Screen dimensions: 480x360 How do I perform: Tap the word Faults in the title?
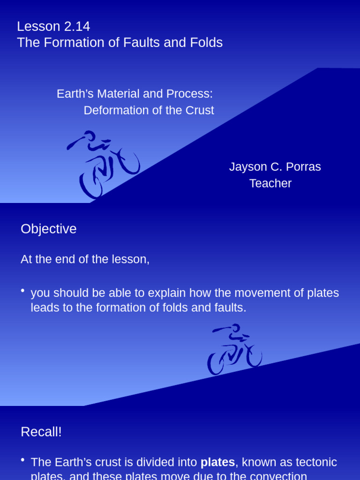[x=141, y=43]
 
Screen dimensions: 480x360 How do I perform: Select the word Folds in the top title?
[x=207, y=43]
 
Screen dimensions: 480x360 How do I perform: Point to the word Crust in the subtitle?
[x=199, y=111]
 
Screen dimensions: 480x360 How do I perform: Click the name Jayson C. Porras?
[x=275, y=167]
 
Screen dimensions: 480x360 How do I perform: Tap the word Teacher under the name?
[x=270, y=183]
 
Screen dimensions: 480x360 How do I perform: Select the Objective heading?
[x=48, y=229]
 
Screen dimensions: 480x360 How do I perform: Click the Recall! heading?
[x=41, y=432]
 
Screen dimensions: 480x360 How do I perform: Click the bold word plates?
[x=217, y=462]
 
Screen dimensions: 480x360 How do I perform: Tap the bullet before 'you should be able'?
[x=23, y=291]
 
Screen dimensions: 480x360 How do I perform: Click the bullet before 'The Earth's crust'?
[x=23, y=460]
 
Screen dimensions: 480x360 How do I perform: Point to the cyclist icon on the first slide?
[x=103, y=164]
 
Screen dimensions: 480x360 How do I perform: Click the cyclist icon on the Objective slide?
[x=234, y=349]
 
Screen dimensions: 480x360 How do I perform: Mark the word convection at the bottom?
[x=277, y=475]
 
